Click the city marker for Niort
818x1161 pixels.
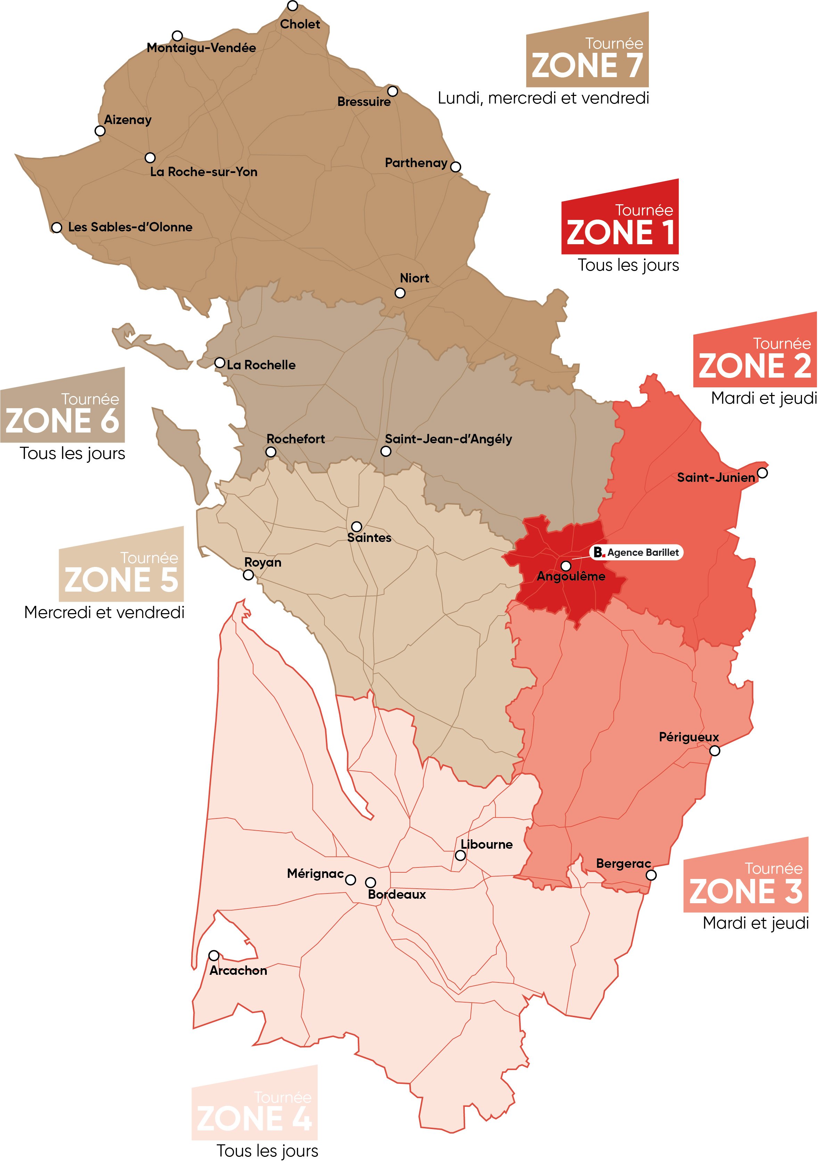400,293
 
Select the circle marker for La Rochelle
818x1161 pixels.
220,363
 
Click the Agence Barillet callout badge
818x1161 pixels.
636,552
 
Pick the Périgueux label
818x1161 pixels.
688,737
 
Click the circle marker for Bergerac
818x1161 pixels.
651,875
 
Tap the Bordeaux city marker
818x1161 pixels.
371,882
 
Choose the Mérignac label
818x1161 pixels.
315,873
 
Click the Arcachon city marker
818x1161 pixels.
214,956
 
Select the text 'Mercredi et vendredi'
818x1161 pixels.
104,612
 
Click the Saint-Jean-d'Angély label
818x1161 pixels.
448,439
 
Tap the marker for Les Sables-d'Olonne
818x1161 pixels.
57,228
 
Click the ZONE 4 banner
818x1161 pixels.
254,1110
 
